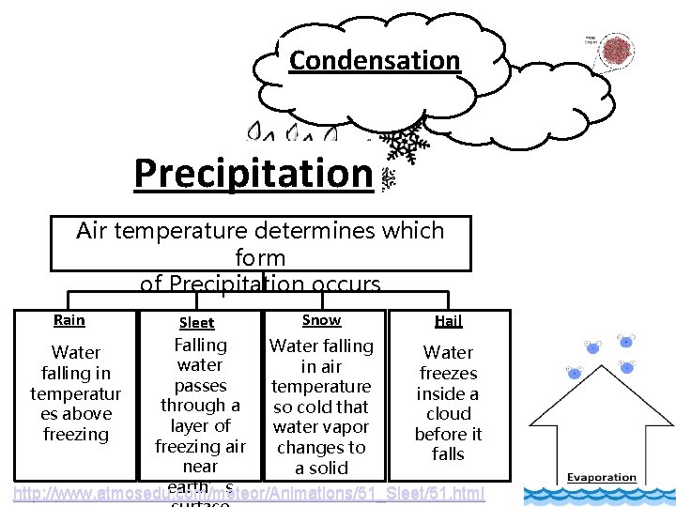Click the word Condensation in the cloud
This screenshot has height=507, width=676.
click(x=375, y=60)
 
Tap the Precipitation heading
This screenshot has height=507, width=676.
click(x=253, y=173)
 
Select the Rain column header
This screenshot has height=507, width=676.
click(x=69, y=320)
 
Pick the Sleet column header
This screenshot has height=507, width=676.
click(x=197, y=323)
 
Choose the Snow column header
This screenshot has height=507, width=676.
click(x=321, y=320)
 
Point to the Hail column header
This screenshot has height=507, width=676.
click(x=448, y=321)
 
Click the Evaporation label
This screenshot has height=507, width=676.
click(x=602, y=478)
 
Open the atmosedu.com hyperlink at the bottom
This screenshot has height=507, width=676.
click(x=248, y=492)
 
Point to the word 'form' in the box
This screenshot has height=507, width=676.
click(x=260, y=256)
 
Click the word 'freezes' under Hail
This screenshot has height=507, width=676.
click(x=448, y=373)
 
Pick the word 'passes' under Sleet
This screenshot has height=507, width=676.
click(x=200, y=386)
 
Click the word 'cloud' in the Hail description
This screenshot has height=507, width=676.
click(x=448, y=413)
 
